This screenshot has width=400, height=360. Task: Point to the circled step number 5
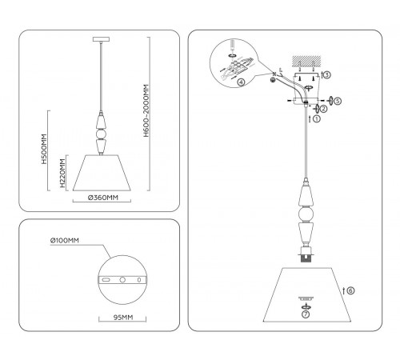(338, 102)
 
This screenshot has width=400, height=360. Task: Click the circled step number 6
(350, 290)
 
